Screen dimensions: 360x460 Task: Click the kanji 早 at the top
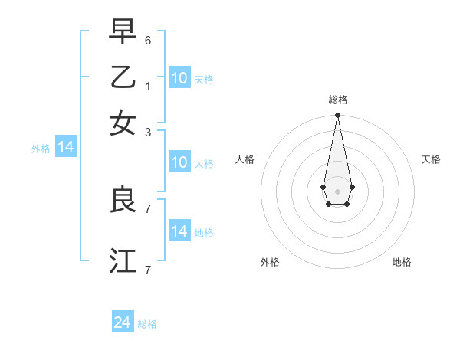click(123, 32)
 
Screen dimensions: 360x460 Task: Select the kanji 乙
click(123, 77)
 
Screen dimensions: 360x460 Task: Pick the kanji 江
click(123, 260)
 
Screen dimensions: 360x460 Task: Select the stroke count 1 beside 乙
click(148, 86)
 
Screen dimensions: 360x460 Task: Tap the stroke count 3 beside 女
click(148, 132)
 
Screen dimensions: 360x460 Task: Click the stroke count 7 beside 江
click(148, 270)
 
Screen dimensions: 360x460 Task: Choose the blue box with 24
click(123, 322)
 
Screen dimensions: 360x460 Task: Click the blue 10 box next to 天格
click(179, 77)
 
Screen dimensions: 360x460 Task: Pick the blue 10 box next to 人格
click(179, 162)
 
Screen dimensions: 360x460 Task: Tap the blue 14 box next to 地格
click(179, 231)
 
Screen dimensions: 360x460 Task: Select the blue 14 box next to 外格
click(66, 147)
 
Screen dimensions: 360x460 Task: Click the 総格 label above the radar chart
click(337, 100)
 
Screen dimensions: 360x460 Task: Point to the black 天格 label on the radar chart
click(431, 159)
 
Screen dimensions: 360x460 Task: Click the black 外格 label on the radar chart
click(270, 262)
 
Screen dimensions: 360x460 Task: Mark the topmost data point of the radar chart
click(337, 116)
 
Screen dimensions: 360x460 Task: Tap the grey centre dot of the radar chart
click(337, 191)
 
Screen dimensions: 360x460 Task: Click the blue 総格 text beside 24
click(147, 324)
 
